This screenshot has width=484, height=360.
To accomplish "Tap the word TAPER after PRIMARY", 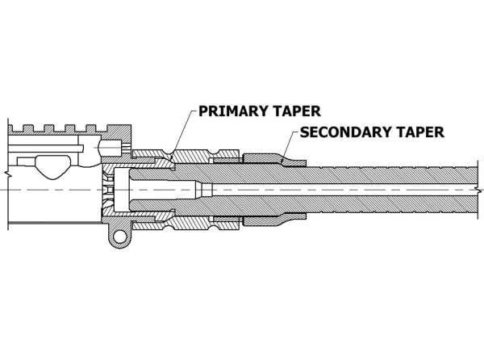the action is (296, 111).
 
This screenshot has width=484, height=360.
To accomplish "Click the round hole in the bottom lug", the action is (119, 237).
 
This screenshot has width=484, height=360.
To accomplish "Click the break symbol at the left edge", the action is (8, 174).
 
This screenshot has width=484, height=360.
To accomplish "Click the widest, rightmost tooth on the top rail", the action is (119, 128).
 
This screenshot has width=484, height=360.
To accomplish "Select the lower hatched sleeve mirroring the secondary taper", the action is (274, 219).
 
